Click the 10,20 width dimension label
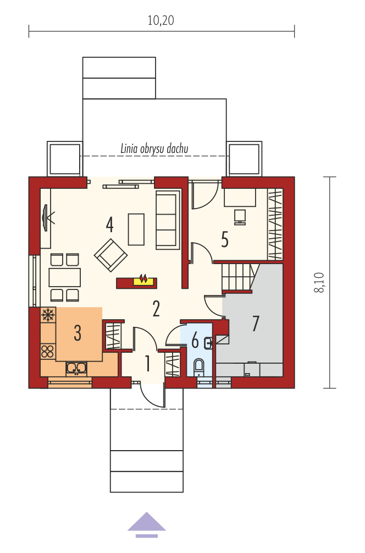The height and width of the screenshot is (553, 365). click(x=161, y=20)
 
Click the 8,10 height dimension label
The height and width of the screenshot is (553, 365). click(x=319, y=282)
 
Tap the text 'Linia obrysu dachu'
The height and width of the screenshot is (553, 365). click(x=154, y=149)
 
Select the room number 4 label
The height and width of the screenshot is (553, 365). click(x=109, y=225)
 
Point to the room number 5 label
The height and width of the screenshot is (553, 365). click(x=225, y=239)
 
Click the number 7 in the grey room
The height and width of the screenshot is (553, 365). click(x=256, y=323)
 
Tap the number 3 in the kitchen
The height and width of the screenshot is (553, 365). click(x=78, y=332)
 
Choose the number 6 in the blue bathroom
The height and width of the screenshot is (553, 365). click(x=195, y=341)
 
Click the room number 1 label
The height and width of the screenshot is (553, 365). click(x=148, y=363)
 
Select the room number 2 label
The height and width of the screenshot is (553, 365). click(x=156, y=309)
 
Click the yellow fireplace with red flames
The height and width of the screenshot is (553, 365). click(x=143, y=281)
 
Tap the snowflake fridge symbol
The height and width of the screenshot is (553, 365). click(x=48, y=314)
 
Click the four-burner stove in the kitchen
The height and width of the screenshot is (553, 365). click(x=48, y=351)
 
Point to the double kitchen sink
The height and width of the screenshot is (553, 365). click(x=76, y=368)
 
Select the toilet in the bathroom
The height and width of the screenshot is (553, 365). click(x=199, y=367)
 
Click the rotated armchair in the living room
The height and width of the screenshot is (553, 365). click(x=110, y=255)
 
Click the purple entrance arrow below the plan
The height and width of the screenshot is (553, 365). click(x=147, y=525)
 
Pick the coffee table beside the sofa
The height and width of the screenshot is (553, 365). click(x=136, y=229)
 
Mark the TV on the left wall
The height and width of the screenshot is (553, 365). click(x=47, y=218)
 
